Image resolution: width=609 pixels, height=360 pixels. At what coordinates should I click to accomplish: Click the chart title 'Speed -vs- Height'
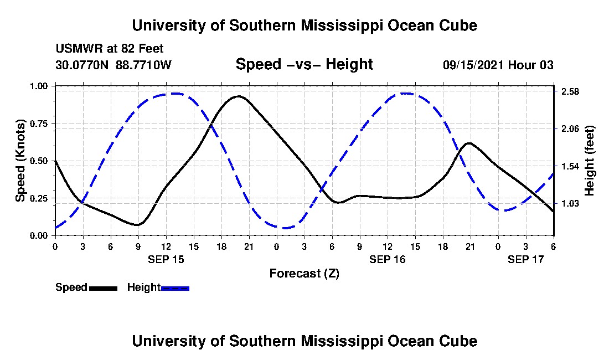click(x=304, y=65)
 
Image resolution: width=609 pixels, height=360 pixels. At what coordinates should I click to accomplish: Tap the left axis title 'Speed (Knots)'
click(x=20, y=161)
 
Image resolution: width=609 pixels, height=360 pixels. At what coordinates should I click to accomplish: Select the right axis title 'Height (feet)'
click(x=589, y=161)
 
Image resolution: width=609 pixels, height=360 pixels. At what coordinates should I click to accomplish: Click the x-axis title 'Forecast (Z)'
click(x=304, y=273)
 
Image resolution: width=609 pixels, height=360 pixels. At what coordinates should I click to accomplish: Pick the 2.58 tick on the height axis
click(x=570, y=91)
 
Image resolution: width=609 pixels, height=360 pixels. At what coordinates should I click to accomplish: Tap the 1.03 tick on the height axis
click(x=570, y=204)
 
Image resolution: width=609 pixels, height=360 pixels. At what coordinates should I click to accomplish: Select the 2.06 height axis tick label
click(x=570, y=128)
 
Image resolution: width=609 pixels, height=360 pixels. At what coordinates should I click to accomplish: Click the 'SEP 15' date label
click(x=166, y=259)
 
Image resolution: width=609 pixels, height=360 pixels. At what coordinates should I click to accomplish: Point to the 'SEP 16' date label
click(x=388, y=259)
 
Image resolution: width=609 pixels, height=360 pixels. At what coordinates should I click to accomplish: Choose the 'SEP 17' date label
click(x=526, y=259)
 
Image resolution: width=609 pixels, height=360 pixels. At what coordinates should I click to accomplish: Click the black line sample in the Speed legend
click(x=103, y=288)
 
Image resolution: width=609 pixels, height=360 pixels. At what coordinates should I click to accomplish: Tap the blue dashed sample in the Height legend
click(x=175, y=288)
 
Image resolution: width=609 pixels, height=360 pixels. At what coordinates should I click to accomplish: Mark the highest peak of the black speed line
click(x=238, y=96)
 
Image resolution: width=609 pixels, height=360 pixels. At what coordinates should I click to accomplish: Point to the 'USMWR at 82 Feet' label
click(x=110, y=49)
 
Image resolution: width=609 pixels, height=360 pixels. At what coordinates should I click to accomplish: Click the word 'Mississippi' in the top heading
click(x=335, y=26)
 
